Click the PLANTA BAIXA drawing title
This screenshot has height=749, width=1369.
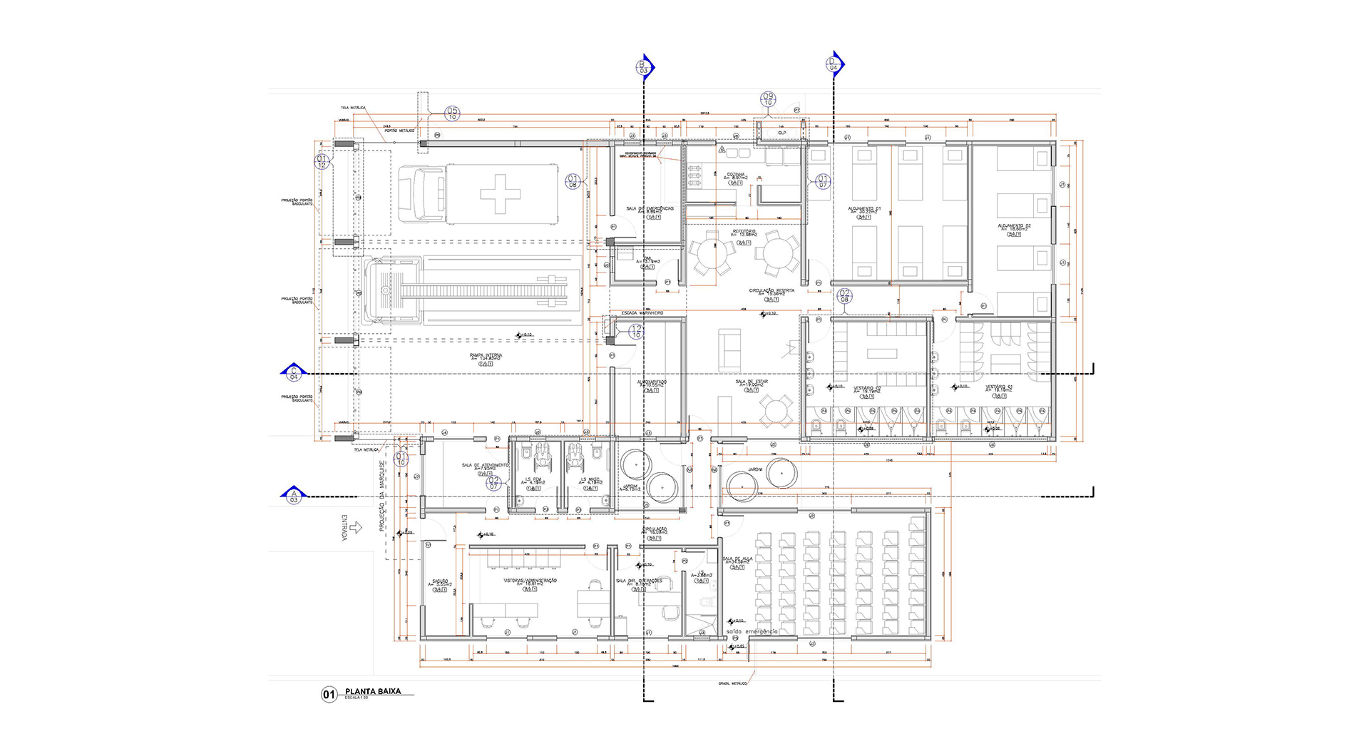click(x=373, y=691)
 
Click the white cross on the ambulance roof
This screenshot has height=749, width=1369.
click(x=500, y=193)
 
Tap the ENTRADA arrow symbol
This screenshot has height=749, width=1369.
click(x=357, y=527)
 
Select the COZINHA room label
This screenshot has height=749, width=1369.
click(x=736, y=175)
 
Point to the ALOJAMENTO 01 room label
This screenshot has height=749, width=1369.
click(x=863, y=209)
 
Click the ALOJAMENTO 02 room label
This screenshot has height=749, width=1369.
click(x=1014, y=226)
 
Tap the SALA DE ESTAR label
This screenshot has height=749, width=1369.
click(x=752, y=382)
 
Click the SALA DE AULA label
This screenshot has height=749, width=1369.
click(x=737, y=560)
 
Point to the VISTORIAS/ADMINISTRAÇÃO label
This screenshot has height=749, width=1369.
click(x=530, y=581)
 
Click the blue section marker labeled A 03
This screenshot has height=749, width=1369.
click(x=294, y=494)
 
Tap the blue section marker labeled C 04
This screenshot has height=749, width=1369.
click(x=294, y=372)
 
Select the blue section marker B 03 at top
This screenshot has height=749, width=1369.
click(x=644, y=66)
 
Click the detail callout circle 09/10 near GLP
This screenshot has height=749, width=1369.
click(x=768, y=99)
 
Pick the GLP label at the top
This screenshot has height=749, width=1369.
click(x=781, y=133)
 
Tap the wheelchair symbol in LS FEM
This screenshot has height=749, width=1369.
click(x=542, y=454)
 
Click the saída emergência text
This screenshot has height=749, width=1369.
click(x=752, y=631)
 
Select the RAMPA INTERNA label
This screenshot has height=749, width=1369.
click(x=486, y=355)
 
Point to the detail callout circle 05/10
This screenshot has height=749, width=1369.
click(x=452, y=113)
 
